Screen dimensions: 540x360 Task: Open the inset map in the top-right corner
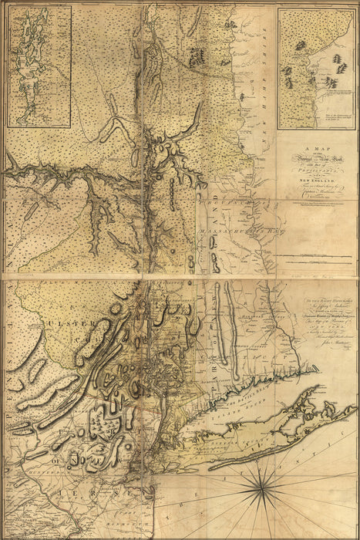point(315,65)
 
